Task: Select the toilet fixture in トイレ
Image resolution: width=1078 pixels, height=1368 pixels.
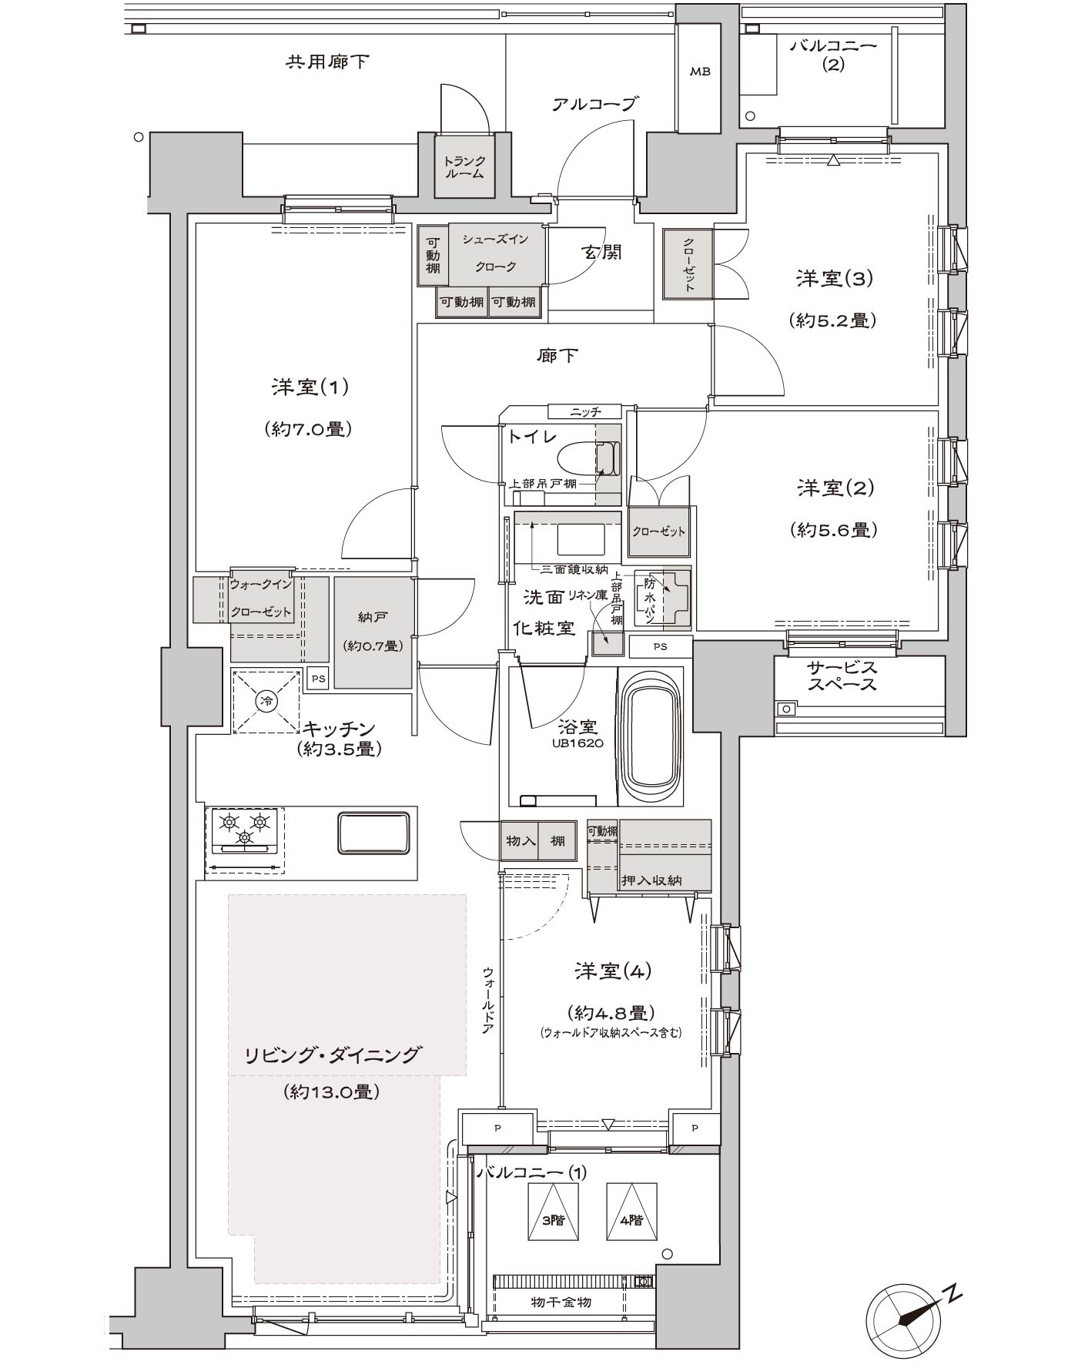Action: coord(588,460)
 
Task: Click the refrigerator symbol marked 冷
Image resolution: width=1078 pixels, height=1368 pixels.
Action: coord(266,701)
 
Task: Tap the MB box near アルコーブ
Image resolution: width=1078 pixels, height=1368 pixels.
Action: coord(700,72)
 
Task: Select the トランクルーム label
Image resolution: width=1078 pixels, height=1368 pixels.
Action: coord(464,167)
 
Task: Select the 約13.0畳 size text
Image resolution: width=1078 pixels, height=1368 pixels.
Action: coord(330,1091)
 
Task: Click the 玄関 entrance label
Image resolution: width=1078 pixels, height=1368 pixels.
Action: coord(601,252)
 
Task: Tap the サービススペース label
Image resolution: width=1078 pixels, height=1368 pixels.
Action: coord(842,676)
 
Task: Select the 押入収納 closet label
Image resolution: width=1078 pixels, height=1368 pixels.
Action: coord(651,880)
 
